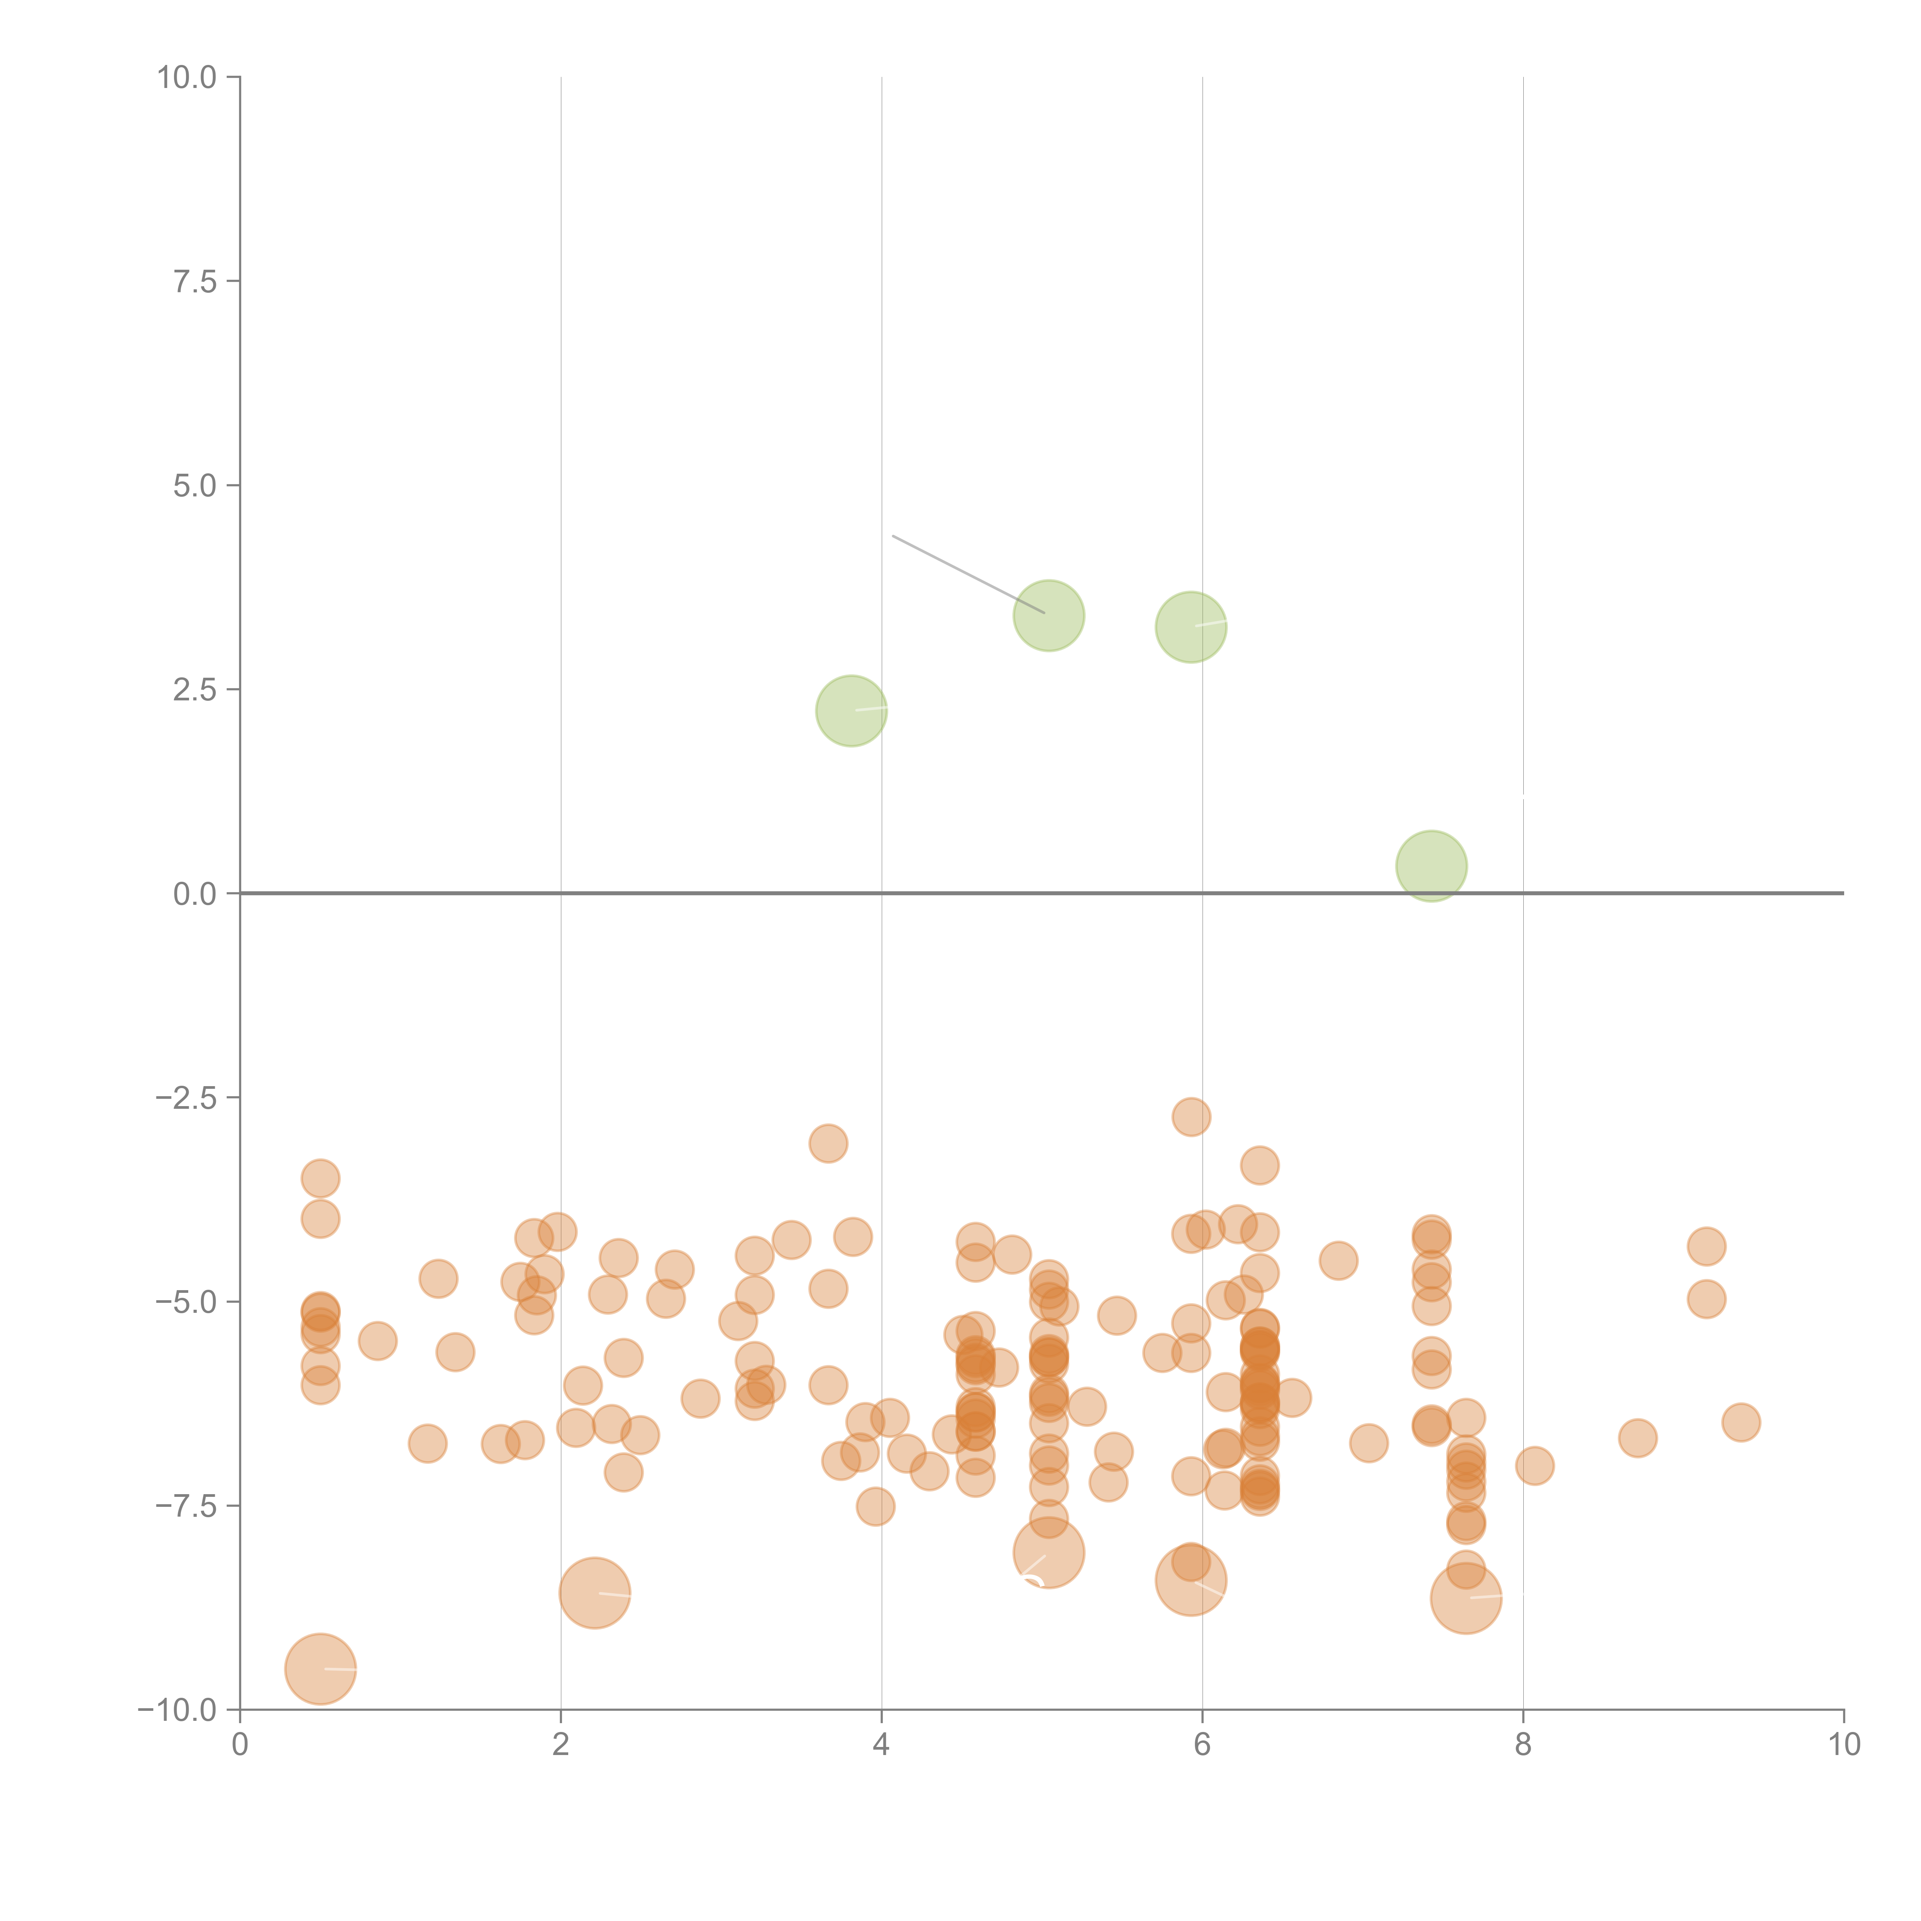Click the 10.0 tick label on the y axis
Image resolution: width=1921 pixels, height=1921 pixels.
coord(187,78)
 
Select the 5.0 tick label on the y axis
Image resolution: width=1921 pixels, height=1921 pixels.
coord(195,486)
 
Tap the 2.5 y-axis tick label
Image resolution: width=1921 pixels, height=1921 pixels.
coord(195,690)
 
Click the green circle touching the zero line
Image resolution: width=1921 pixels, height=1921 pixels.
coord(1431,866)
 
